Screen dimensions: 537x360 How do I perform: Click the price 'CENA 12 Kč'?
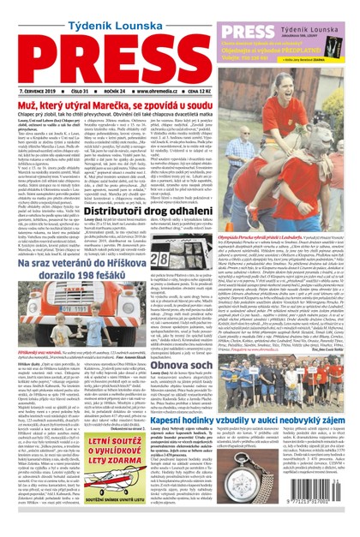[214, 89]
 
